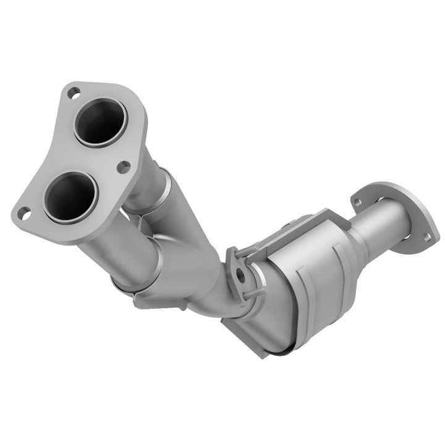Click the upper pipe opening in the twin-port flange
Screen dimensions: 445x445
coord(100,121)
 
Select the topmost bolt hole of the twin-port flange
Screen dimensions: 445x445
coord(73,93)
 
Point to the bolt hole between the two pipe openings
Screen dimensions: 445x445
coord(124,166)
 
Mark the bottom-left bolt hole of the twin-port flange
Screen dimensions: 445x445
coord(23,214)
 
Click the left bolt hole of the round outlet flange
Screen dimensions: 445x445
coord(357,202)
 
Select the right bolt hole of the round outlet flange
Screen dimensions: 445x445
coord(426,237)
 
